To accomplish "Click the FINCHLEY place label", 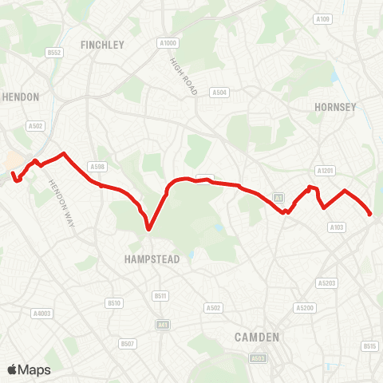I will pos(103,45).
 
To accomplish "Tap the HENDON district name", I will pos(21,96).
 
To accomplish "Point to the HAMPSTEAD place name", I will pos(152,259).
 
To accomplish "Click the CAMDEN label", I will pos(257,338).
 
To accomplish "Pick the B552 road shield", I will pos(54,53).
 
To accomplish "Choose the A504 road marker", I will pos(219,93).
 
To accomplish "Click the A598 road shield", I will pos(97,166).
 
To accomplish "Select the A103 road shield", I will pos(337,227).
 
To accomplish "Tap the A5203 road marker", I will pos(326,283).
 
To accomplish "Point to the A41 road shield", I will pos(164,325).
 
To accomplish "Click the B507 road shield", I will pos(128,344).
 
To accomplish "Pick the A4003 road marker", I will pos(42,314).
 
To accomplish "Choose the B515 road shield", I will pos(369,345).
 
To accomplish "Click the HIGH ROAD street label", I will pos(183,77).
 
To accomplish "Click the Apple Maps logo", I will pos(29,369).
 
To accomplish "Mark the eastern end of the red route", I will pos(370,214).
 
